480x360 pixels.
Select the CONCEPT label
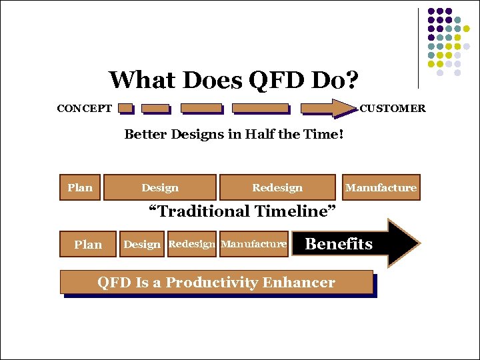coord(85,108)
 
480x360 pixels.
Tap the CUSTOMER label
coord(393,108)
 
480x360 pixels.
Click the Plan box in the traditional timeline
coord(80,187)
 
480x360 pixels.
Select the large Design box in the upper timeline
coord(160,187)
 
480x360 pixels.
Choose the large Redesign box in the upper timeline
coord(277,187)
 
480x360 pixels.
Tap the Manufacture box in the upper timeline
coord(381,187)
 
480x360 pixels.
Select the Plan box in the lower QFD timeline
coord(88,244)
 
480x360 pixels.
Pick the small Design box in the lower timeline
coord(142,244)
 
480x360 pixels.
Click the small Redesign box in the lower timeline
coord(192,244)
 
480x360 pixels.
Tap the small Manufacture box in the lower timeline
coord(253,244)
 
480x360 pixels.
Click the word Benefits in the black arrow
coord(339,244)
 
